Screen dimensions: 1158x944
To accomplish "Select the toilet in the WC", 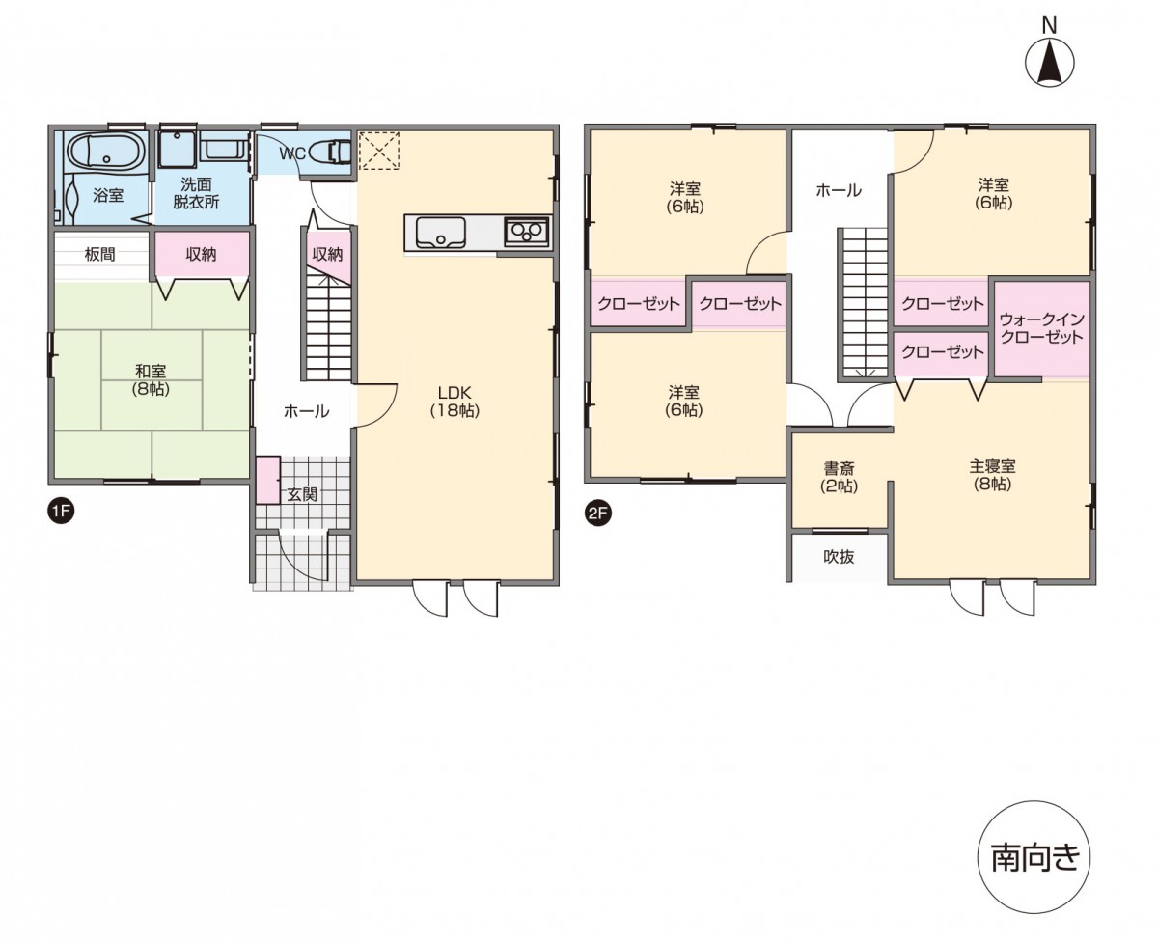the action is coord(330,152).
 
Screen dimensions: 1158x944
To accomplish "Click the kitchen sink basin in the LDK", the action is coord(440,233).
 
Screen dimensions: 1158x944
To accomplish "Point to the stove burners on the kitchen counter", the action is coord(526,233).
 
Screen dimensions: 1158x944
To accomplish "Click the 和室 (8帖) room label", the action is coord(151,380).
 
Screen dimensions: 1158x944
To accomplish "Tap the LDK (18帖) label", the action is coord(455,402).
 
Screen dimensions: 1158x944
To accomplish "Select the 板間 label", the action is coord(100,254).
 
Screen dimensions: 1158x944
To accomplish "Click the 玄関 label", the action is coord(302,494).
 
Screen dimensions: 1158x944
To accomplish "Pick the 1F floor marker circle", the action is coord(61,511).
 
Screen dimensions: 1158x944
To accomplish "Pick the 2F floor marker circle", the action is coord(597,514).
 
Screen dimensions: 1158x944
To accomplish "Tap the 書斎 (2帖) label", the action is coord(839,477).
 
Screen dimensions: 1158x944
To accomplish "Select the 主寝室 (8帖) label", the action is coord(993,475).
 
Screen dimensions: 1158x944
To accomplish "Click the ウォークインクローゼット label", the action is coord(1042,328).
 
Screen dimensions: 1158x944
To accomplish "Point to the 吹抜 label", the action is coord(839,556).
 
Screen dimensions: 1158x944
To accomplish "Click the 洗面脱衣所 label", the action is coord(196,193).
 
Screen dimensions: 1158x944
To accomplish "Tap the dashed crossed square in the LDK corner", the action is coord(379,151).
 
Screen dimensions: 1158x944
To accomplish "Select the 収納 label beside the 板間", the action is coord(201,254).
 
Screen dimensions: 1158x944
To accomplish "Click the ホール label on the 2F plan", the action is coord(839,190).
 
